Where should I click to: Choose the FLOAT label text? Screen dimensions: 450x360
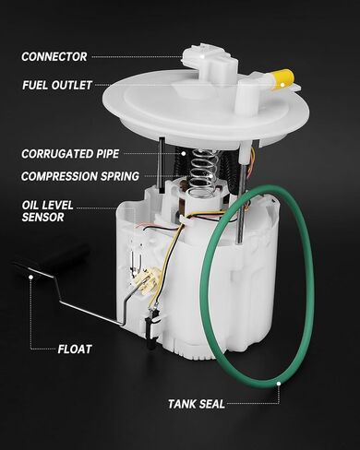coord(77,349)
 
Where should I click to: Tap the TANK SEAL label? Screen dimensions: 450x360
coord(198,403)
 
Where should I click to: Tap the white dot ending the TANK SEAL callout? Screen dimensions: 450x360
coord(276,380)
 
